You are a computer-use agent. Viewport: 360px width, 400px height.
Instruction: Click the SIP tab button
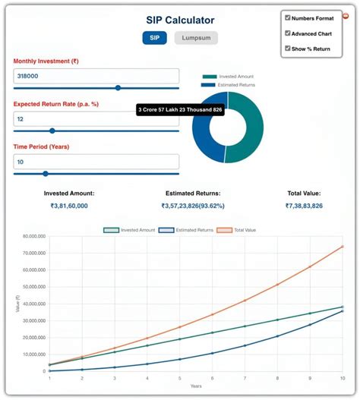click(x=154, y=37)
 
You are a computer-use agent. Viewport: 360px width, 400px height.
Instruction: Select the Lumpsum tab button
click(x=196, y=37)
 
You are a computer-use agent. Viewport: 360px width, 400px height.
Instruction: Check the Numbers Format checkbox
click(x=288, y=17)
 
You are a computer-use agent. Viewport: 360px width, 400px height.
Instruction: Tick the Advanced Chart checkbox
click(x=288, y=33)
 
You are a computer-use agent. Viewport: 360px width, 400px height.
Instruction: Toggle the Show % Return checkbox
click(x=288, y=49)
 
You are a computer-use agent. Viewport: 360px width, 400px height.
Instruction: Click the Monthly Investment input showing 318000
click(x=96, y=76)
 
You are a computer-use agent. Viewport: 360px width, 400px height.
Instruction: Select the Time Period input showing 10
click(x=96, y=162)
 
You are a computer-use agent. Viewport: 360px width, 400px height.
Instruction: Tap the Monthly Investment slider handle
click(x=118, y=88)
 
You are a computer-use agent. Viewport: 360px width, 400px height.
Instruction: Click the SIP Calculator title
click(x=180, y=20)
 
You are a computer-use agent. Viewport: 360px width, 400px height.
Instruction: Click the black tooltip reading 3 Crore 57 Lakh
click(x=180, y=110)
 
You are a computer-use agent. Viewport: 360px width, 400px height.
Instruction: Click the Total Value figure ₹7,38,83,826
click(x=304, y=206)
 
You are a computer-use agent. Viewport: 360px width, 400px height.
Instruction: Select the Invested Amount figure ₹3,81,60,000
click(x=69, y=206)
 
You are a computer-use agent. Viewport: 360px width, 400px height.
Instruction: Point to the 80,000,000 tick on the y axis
click(x=31, y=236)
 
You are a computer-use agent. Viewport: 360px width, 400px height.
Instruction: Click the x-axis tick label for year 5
click(x=179, y=378)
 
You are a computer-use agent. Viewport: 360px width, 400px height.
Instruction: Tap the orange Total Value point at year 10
click(x=343, y=246)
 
